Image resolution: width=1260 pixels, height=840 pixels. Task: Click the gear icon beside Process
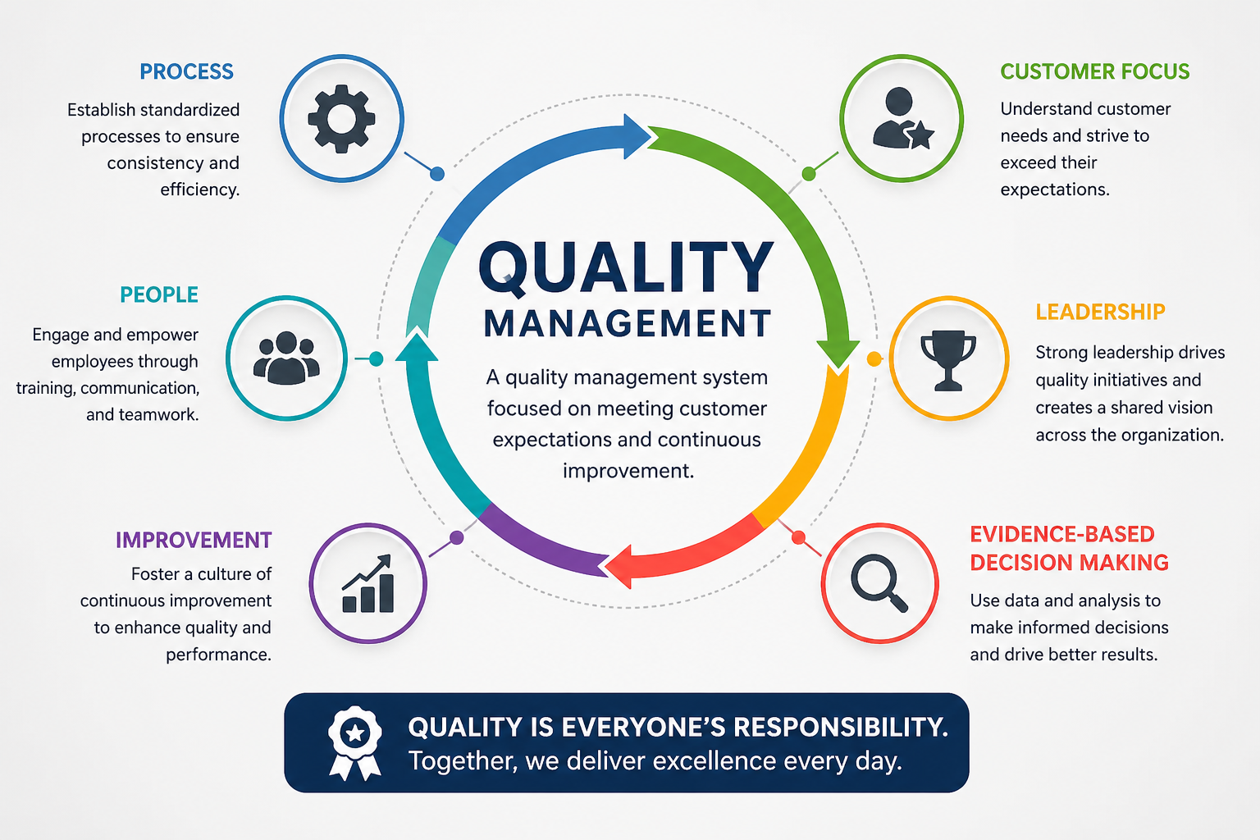pos(341,119)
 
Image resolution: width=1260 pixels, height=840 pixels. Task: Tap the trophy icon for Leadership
pos(948,359)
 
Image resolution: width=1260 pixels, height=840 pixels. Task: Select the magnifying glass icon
pos(879,582)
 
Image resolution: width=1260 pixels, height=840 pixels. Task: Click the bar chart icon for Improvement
pos(368,584)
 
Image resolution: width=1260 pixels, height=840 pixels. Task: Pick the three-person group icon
pos(285,358)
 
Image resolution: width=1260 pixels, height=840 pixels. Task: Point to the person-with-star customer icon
pos(902,119)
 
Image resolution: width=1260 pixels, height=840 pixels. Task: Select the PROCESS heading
pos(186,72)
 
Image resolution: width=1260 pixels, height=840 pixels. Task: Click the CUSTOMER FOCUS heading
pos(1094,72)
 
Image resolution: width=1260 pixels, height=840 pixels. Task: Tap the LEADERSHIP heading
pos(1100,313)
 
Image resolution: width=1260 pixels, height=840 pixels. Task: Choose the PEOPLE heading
pos(159,295)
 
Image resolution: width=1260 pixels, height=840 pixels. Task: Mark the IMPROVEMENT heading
pos(194,540)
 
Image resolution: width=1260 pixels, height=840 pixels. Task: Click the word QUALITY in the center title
pos(626,268)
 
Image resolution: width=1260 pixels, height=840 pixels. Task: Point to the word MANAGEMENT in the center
pos(628,324)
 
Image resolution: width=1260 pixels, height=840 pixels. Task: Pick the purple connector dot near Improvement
pos(457,537)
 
